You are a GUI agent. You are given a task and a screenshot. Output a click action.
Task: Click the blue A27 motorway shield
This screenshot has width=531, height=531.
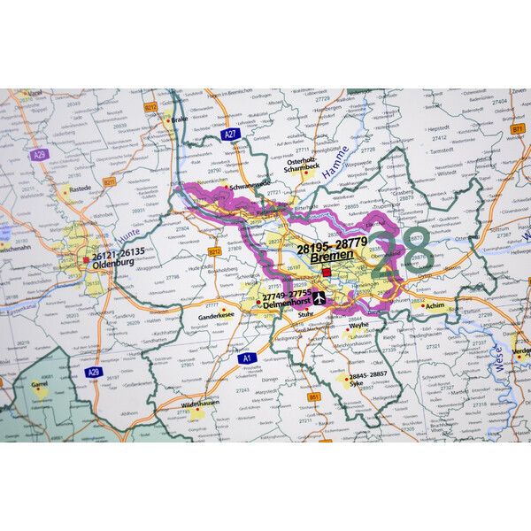(231, 135)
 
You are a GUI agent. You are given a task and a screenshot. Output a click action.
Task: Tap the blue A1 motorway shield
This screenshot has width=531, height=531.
(249, 358)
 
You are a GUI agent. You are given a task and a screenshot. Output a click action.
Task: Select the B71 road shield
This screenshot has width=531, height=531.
(517, 130)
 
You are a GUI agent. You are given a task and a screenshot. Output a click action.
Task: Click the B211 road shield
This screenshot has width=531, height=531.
(109, 181)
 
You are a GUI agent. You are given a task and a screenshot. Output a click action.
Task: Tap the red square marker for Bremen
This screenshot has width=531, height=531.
(327, 273)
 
